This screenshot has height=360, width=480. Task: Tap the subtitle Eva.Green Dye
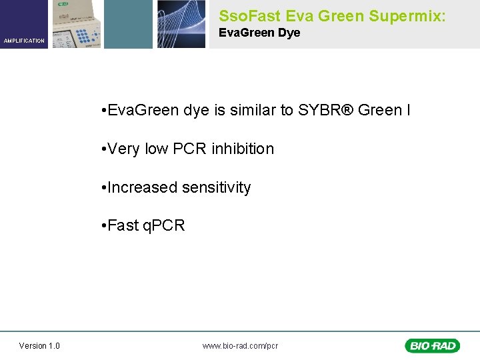click(259, 33)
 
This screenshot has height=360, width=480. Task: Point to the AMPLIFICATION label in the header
click(24, 41)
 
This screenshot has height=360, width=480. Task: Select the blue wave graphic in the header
click(181, 24)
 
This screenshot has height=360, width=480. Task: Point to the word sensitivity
click(213, 188)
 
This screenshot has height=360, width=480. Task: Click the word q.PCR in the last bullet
click(164, 226)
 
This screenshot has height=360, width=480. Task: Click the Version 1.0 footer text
click(39, 345)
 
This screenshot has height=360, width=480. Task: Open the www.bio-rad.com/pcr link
click(240, 345)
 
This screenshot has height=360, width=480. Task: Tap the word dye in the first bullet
click(195, 110)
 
